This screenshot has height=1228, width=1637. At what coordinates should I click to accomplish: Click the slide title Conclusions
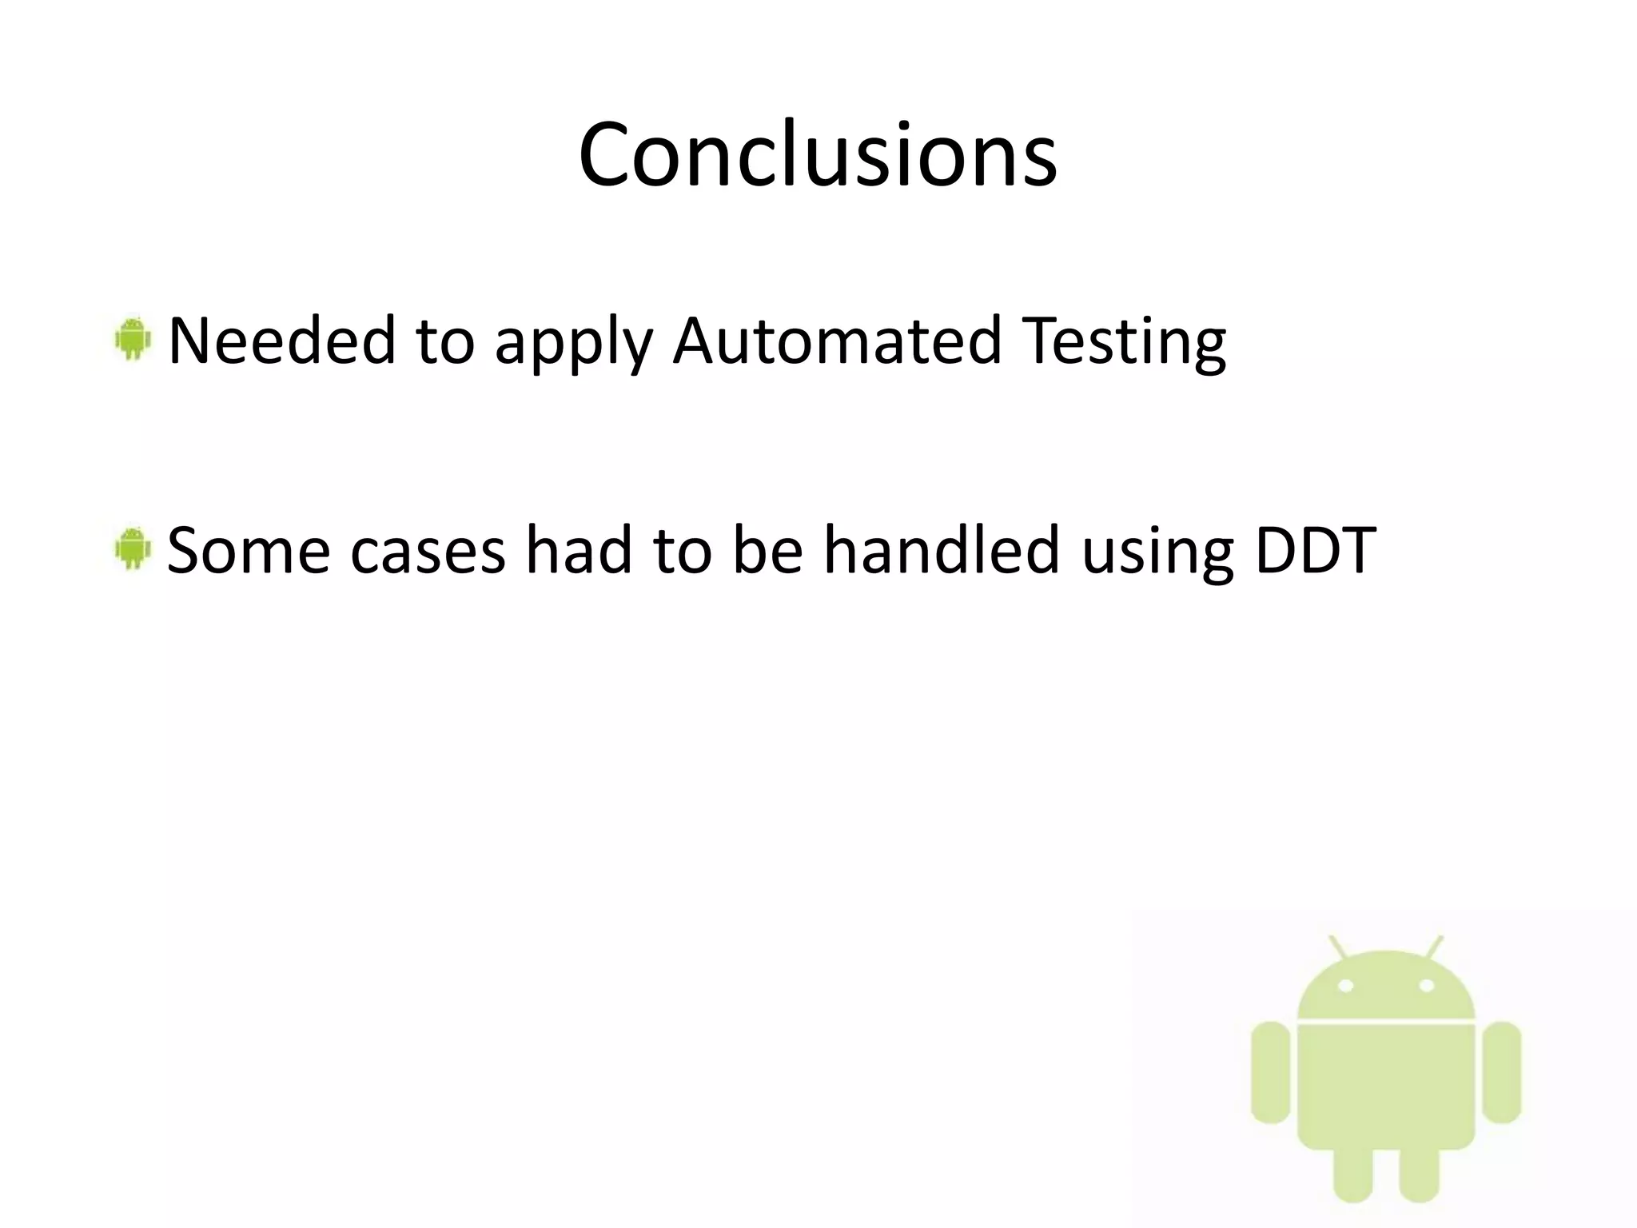(x=818, y=154)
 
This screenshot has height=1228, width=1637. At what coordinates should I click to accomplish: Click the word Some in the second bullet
(x=249, y=551)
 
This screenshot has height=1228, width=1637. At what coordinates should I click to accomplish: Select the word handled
(x=942, y=551)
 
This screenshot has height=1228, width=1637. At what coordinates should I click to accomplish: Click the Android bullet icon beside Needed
(x=133, y=340)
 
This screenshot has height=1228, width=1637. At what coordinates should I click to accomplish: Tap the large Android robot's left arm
(x=1270, y=1071)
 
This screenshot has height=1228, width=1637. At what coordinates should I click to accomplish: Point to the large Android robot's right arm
(x=1501, y=1071)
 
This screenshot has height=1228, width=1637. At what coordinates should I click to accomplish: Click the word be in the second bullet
(x=767, y=551)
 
